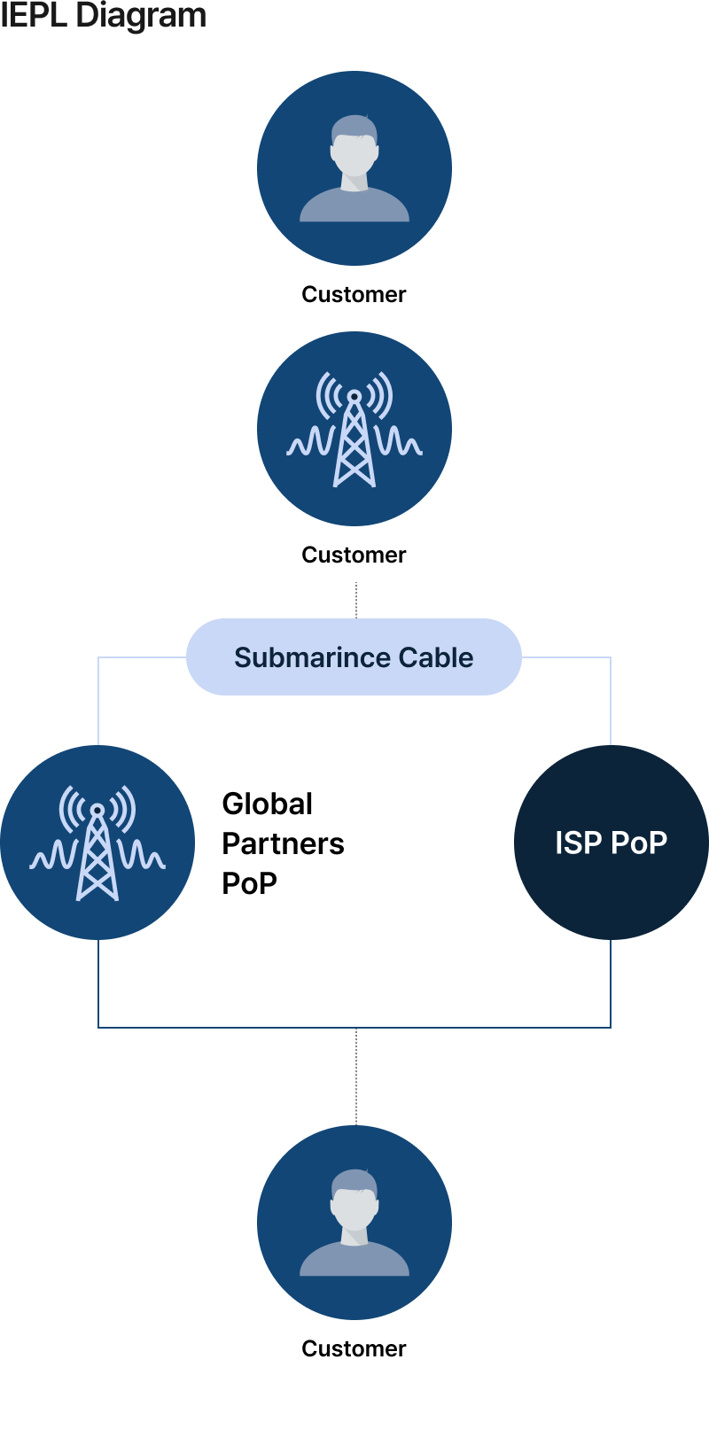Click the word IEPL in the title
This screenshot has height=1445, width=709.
(34, 15)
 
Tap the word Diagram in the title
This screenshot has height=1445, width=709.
(141, 15)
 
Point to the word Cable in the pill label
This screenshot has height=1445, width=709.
(436, 657)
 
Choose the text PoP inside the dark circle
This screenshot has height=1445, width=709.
(639, 843)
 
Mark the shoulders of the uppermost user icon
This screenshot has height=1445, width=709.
(354, 207)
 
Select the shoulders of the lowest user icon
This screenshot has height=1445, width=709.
(354, 1262)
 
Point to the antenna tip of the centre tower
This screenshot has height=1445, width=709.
(354, 395)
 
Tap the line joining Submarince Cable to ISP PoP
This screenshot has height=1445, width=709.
(611, 700)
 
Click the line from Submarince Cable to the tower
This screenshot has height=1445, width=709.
(98, 700)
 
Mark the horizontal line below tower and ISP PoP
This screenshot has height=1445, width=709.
(354, 1028)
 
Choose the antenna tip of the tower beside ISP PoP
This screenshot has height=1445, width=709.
(97, 810)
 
